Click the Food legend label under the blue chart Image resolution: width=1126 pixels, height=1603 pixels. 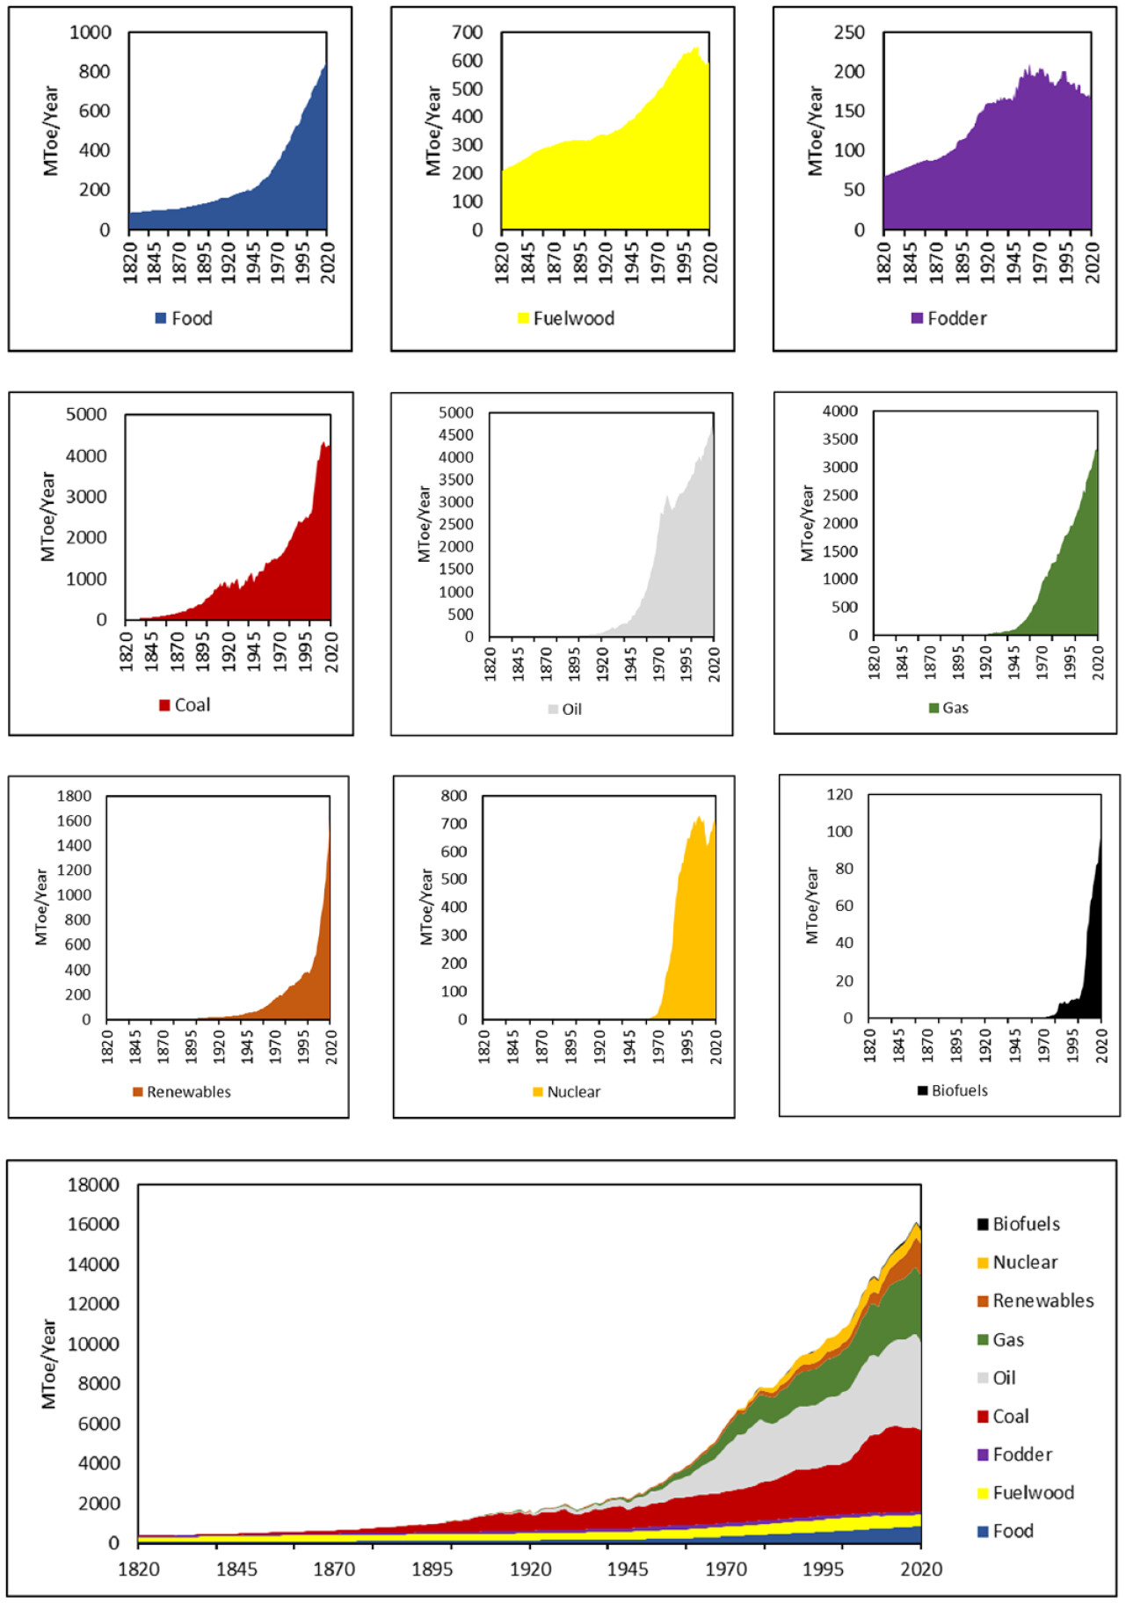(192, 318)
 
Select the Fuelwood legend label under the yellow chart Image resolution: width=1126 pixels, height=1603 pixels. (573, 318)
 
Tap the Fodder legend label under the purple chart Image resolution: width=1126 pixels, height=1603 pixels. (956, 318)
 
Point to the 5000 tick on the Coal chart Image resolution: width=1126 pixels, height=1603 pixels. (86, 414)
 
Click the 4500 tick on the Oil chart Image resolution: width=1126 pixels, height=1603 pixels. (456, 434)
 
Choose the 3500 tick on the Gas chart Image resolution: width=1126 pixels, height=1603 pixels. (840, 439)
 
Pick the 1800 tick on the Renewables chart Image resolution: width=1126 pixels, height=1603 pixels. (74, 796)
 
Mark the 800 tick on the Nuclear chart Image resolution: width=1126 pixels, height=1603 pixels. (454, 796)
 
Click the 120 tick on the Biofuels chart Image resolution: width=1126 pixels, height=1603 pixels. (839, 794)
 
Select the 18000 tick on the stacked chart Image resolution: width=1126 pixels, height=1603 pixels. (93, 1184)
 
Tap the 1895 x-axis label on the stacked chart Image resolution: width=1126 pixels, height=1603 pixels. (432, 1570)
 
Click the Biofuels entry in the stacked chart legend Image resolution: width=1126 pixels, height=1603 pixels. (1026, 1224)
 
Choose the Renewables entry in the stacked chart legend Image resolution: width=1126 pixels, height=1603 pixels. (1042, 1301)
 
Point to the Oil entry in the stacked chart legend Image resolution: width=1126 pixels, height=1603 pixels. (1004, 1378)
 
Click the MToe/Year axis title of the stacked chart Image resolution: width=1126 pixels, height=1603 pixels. (49, 1364)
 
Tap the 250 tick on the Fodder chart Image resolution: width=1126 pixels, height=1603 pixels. (849, 33)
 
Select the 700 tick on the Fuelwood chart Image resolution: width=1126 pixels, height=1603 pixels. (468, 33)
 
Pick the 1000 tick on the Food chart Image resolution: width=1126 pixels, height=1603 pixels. (91, 33)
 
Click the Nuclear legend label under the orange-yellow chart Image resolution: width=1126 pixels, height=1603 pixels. (573, 1091)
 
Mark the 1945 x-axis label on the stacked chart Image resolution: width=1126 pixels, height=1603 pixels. (628, 1570)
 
